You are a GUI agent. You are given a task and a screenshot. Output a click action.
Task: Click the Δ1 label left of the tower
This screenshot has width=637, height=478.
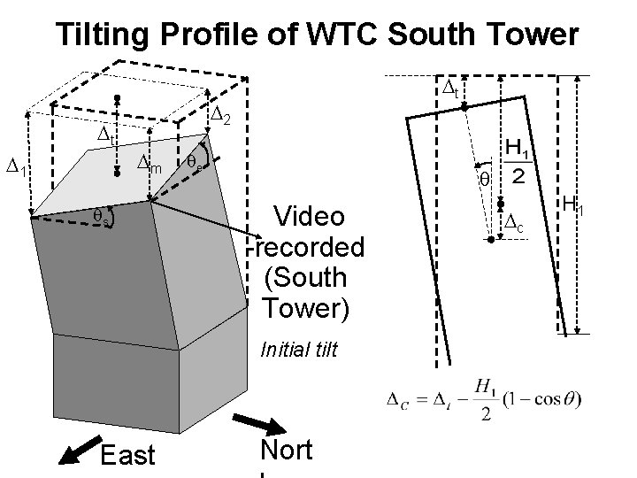pos(17,165)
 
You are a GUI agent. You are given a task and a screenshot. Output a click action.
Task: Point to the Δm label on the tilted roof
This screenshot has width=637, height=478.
pos(149,162)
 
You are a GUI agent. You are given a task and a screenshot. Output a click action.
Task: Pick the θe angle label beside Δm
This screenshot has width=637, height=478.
pos(195,163)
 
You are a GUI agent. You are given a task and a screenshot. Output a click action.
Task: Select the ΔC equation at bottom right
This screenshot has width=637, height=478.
pos(483,400)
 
